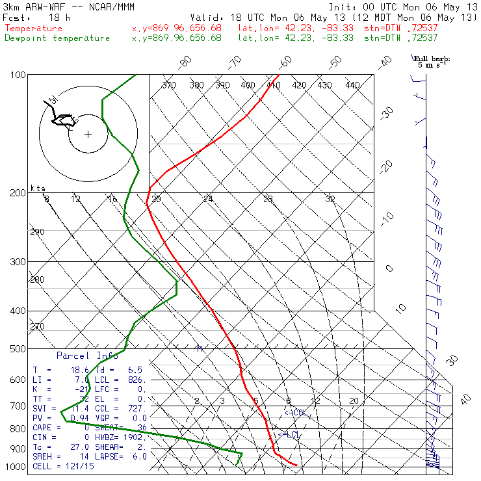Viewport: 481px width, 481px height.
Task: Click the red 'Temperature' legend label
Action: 34,29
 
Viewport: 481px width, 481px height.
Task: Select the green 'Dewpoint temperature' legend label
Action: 57,38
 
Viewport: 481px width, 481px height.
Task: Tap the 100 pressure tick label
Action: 18,75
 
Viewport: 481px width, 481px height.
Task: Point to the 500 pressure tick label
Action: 18,349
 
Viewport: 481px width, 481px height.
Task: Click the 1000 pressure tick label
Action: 15,467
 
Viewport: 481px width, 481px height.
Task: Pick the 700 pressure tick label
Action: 18,406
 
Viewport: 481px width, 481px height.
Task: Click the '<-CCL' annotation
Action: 294,413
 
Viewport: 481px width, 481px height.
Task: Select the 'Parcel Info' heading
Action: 87,356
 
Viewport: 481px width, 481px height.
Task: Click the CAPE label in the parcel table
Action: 43,428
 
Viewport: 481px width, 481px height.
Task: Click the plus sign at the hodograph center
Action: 88,135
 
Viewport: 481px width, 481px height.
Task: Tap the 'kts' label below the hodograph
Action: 38,188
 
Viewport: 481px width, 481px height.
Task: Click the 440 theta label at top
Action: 352,85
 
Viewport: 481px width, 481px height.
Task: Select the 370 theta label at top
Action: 168,85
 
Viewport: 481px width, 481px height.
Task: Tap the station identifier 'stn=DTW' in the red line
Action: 381,29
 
